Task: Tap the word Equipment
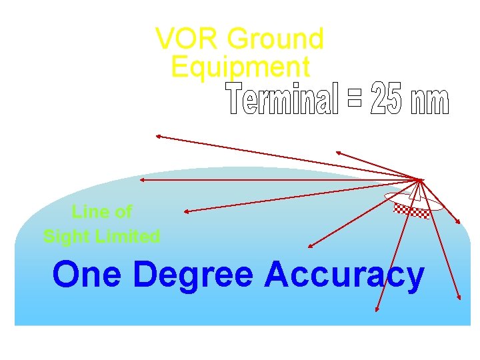[x=240, y=67]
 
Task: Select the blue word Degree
[x=193, y=275]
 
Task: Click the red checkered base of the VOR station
[x=411, y=211]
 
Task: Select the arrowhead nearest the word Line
[x=185, y=212]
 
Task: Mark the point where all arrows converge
[x=421, y=179]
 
